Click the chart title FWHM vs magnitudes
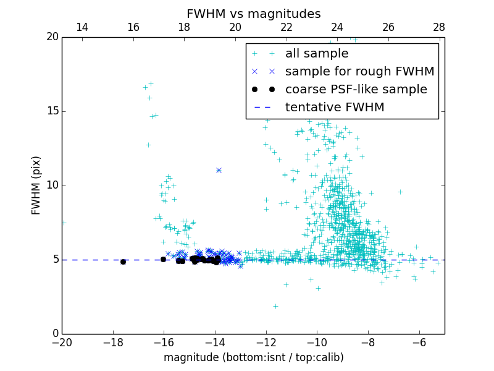point(253,14)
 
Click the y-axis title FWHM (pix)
point(36,185)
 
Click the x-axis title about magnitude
point(253,357)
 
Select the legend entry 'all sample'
point(316,54)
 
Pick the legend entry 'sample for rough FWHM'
point(359,72)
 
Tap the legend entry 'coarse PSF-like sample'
point(356,90)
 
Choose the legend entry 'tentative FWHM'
point(334,108)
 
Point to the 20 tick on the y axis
point(52,37)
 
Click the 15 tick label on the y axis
point(52,111)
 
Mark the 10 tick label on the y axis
point(52,185)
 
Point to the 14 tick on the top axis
point(82,27)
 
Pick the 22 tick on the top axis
point(286,27)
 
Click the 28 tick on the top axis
point(439,27)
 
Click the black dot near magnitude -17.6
point(123,262)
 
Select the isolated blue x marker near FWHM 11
point(219,170)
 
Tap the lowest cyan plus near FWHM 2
point(275,306)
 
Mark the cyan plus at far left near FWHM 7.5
point(64,223)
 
